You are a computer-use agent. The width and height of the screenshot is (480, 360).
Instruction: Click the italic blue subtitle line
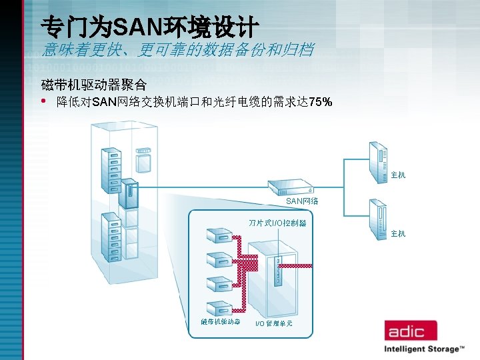pyautogui.click(x=177, y=50)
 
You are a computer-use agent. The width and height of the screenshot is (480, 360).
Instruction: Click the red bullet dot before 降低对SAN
pyautogui.click(x=44, y=102)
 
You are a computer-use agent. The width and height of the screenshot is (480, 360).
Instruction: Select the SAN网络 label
pyautogui.click(x=301, y=201)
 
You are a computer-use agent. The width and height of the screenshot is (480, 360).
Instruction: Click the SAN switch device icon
pyautogui.click(x=291, y=187)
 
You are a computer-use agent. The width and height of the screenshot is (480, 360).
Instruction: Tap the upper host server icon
pyautogui.click(x=378, y=162)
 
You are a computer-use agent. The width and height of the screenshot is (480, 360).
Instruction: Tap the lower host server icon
pyautogui.click(x=378, y=219)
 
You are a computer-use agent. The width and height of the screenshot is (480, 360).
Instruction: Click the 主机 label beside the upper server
pyautogui.click(x=398, y=175)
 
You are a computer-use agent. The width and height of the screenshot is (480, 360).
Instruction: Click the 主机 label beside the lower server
pyautogui.click(x=398, y=233)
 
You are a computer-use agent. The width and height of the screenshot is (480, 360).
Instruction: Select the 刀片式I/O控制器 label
pyautogui.click(x=277, y=223)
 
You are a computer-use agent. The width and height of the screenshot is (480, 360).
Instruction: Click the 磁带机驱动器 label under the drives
pyautogui.click(x=221, y=321)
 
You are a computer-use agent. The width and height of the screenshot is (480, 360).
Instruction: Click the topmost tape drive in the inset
pyautogui.click(x=219, y=236)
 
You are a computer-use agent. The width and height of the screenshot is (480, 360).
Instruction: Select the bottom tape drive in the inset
pyautogui.click(x=219, y=307)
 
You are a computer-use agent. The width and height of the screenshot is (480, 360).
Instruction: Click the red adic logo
pyautogui.click(x=409, y=330)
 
